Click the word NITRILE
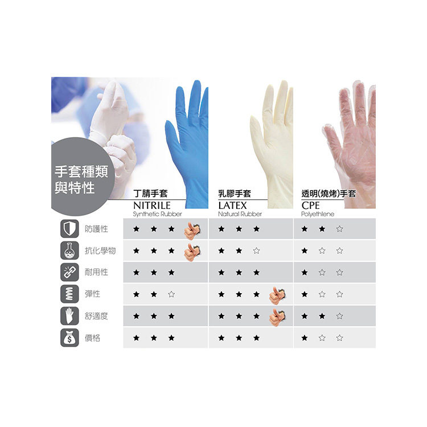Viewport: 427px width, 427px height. coord(151,205)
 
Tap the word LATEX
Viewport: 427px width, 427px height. coord(232,205)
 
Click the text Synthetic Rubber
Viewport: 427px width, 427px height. coord(157,214)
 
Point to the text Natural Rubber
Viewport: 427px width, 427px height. coord(240,214)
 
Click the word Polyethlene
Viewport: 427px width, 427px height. coord(318,214)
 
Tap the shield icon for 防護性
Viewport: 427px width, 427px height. coord(69,229)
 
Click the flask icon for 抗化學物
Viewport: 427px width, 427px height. coord(69,251)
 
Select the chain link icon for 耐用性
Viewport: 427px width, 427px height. coord(69,272)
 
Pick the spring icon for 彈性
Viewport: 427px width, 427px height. coord(69,294)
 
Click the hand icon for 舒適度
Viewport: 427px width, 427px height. coord(69,316)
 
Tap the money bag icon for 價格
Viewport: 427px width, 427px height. coord(69,338)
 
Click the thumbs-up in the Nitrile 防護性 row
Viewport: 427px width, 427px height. coord(191,229)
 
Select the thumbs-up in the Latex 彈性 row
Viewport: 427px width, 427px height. coord(277,294)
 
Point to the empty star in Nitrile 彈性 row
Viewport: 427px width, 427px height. coord(171,294)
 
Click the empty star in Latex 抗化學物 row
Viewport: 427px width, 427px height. coord(256,251)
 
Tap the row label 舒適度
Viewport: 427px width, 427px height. coord(96,316)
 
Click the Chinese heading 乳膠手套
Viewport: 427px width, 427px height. coord(235,194)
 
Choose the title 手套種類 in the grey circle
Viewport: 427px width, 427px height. coord(79,171)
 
